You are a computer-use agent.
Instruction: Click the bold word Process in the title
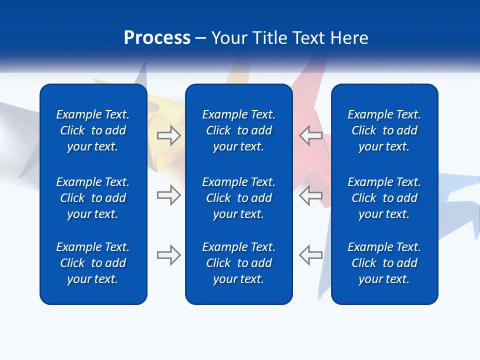pos(157,38)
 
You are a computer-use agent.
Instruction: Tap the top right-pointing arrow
pos(168,135)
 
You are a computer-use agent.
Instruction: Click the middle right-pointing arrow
pos(168,195)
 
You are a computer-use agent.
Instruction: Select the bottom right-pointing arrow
pos(168,255)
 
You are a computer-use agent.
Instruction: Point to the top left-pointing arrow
pos(310,135)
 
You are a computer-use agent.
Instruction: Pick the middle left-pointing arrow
pos(310,195)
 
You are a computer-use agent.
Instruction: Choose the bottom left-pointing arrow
pos(310,255)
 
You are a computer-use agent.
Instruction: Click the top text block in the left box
pos(93,130)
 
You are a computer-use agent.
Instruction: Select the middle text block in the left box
pos(93,198)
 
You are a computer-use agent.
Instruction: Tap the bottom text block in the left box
pos(93,263)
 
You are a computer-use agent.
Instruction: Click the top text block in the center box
pos(238,130)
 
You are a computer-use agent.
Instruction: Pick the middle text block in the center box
pos(238,198)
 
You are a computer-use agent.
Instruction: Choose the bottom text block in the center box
pos(238,263)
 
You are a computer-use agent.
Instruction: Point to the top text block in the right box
pos(384,130)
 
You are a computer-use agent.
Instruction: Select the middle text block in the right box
pos(384,198)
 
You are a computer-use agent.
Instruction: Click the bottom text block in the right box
pos(384,263)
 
